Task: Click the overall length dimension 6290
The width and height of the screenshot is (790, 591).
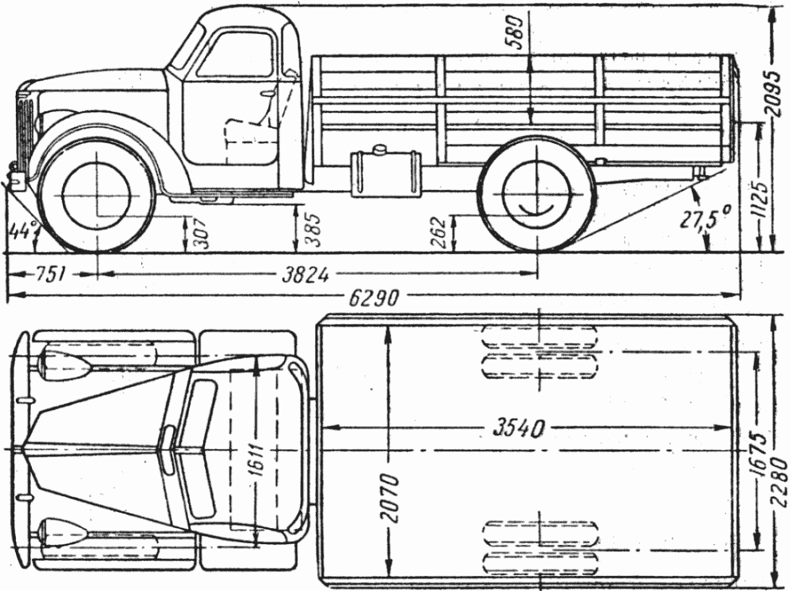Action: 374,298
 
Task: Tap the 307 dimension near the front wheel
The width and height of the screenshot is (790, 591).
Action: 201,232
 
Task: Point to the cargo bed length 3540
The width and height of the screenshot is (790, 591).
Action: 518,428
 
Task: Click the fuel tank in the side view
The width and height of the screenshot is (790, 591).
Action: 386,174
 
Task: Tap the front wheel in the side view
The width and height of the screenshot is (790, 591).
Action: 97,195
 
